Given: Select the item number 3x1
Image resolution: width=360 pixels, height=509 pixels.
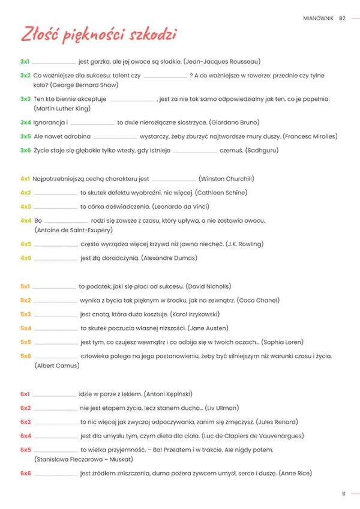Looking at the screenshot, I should click(x=25, y=61).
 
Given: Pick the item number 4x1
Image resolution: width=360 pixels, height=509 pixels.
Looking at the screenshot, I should click(x=25, y=179).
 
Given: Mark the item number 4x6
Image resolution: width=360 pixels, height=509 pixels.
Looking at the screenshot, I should click(x=25, y=258).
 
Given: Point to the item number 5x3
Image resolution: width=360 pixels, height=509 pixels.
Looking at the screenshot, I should click(x=25, y=314).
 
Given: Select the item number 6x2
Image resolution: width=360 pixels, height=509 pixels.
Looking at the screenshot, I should click(x=25, y=408).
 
